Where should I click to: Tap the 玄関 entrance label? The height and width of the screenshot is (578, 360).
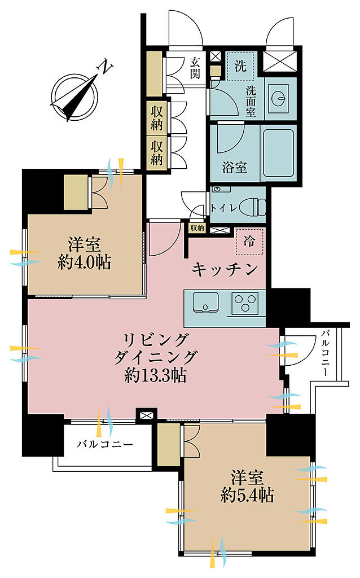pos(195,68)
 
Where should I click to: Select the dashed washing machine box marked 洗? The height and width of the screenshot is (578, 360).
pos(240,67)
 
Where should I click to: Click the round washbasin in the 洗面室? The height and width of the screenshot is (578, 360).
pos(279,98)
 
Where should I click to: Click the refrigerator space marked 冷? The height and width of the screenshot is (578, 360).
pos(249,242)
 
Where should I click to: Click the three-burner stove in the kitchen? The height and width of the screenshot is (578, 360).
pos(245,302)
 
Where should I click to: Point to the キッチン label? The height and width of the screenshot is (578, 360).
pos(225,270)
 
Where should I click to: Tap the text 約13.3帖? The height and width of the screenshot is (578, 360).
pos(155,375)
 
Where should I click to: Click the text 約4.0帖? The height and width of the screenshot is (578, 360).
pos(85,262)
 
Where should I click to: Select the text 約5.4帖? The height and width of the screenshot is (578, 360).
pos(248,495)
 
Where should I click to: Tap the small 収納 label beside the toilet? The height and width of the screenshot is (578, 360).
pos(197,228)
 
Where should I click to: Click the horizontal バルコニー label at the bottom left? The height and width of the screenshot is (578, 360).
pos(104,444)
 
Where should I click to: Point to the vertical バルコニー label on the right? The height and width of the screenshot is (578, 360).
pos(325,353)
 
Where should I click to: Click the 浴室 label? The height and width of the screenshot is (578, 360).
pos(235,168)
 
